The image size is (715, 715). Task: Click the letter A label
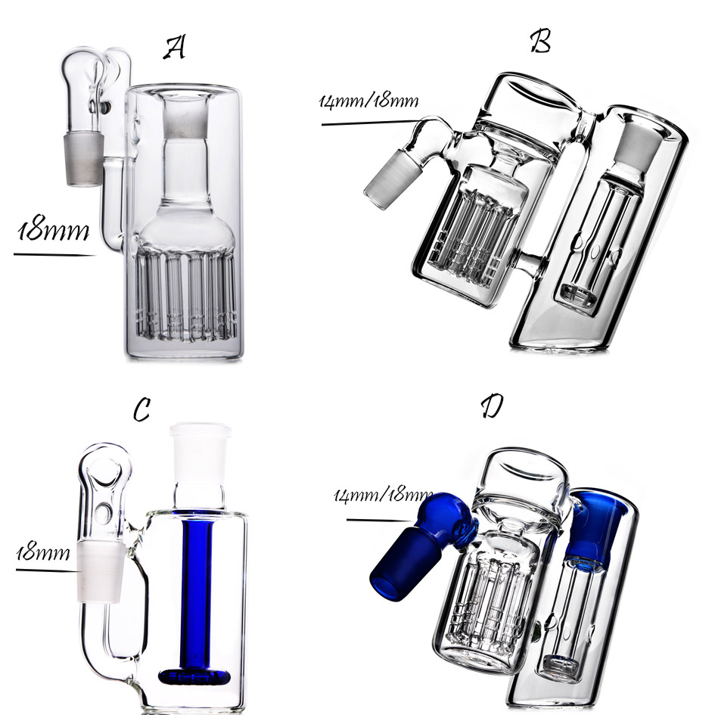coord(175,48)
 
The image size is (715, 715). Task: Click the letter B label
coord(541,41)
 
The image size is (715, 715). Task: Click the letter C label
coord(141,409)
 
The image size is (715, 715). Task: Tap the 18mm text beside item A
coord(53,230)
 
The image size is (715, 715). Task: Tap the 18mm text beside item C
coord(43,552)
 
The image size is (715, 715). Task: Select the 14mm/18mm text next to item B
coord(368,101)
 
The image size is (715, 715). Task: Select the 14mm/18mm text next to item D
coord(383,495)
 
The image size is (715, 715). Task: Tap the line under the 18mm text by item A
coord(54,254)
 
